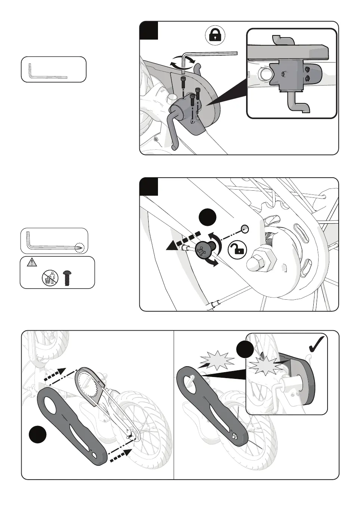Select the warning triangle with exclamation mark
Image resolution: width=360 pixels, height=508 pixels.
point(32,263)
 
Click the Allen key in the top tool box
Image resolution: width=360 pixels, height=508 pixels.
point(48,72)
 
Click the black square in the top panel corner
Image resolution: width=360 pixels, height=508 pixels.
point(149,31)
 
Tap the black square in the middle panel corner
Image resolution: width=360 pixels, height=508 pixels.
point(149,187)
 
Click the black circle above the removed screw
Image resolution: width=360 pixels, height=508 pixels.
point(207,216)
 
